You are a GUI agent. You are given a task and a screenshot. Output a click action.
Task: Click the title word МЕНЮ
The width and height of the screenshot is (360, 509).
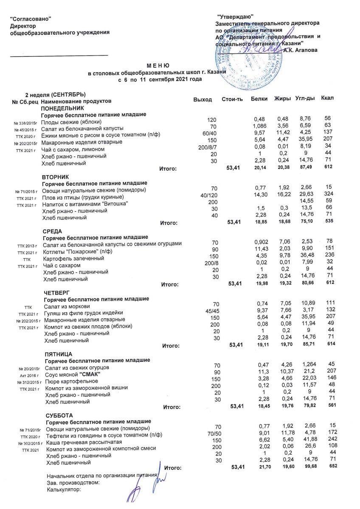[x=158, y=66]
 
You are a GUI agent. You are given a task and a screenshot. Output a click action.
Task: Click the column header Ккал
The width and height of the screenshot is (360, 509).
[x=327, y=98]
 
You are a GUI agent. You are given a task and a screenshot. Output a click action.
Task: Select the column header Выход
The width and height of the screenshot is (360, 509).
[x=202, y=99]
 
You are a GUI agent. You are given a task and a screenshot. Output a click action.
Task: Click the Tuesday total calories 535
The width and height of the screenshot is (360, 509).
[x=327, y=221]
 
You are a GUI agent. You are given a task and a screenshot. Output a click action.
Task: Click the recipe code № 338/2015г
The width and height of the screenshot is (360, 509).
[x=26, y=123]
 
